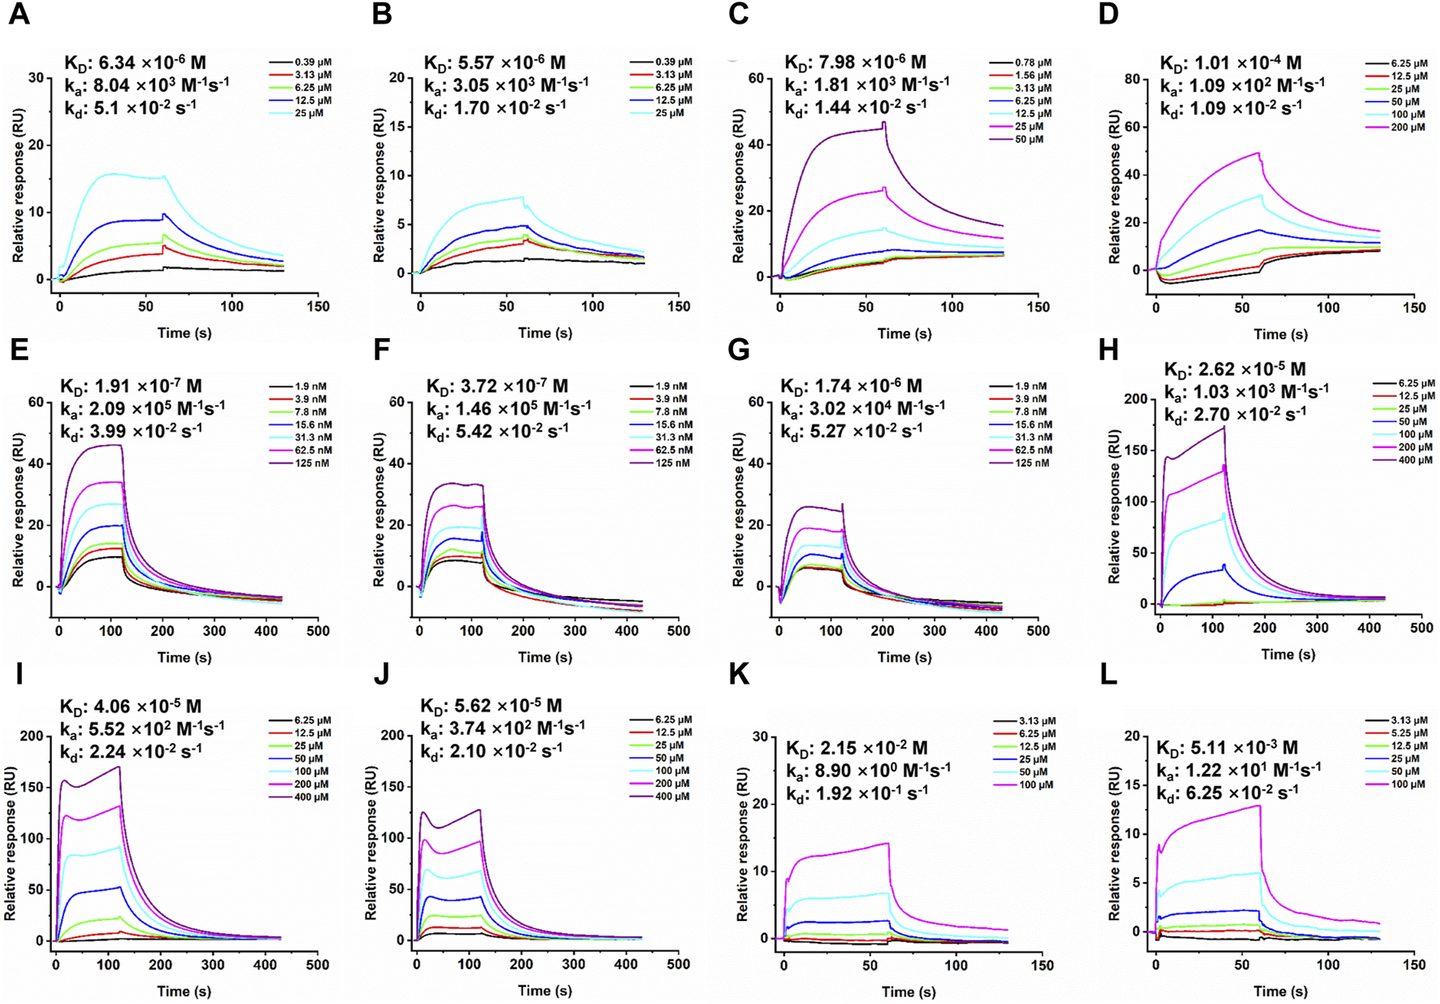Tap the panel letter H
(x=1108, y=350)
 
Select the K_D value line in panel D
(x=1230, y=63)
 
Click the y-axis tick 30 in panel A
(x=36, y=78)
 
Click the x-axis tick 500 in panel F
(x=678, y=630)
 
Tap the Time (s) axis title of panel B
(x=544, y=332)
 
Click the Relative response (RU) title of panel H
(x=1114, y=507)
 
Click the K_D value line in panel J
(x=491, y=706)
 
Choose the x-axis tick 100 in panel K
(x=956, y=965)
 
